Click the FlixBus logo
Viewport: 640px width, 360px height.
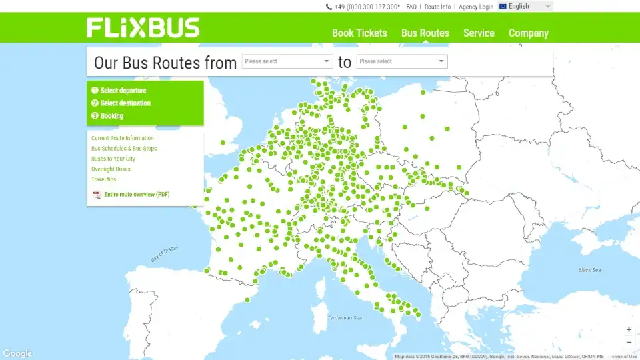(143, 28)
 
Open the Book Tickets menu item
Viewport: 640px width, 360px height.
(359, 33)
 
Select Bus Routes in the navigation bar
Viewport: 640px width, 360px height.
(425, 33)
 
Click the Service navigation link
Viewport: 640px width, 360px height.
(479, 33)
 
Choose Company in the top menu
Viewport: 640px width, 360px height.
(529, 33)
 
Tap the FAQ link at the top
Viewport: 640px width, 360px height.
(411, 7)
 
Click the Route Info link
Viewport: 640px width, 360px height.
(437, 7)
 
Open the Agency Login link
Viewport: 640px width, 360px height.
(476, 7)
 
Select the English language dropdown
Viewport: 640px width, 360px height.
(525, 7)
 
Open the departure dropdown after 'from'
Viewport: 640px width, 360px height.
(287, 61)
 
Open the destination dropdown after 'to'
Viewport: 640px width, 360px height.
(402, 61)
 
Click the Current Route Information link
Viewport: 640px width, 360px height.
(122, 138)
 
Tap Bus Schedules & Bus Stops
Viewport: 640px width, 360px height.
(124, 149)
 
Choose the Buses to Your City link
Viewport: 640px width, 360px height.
(113, 159)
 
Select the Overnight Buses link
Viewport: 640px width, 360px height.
(111, 169)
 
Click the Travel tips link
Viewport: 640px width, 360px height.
(103, 179)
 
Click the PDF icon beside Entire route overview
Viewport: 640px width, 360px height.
(97, 195)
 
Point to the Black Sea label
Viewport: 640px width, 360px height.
(589, 270)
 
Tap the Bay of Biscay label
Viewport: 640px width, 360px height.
(165, 254)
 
